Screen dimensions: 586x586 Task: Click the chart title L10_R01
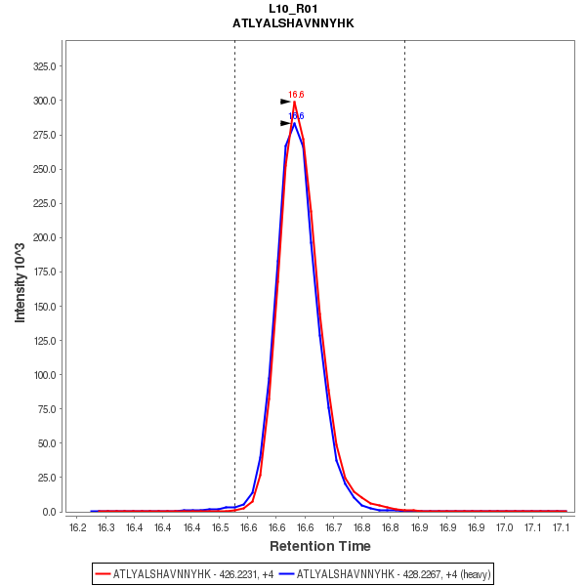tap(293, 9)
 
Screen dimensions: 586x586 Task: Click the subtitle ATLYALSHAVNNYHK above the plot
tap(293, 21)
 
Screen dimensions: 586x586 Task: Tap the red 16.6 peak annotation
tap(296, 95)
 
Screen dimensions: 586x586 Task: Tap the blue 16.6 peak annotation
tap(296, 116)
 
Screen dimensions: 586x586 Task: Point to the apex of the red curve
tap(294, 102)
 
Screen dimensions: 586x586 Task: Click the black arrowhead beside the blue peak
tap(285, 123)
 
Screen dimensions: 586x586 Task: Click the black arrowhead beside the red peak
tap(285, 102)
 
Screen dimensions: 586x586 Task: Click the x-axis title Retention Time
tap(319, 546)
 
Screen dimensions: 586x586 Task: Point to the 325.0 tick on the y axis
tap(44, 66)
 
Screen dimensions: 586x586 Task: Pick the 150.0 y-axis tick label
tap(44, 306)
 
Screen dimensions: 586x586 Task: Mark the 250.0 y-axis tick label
tap(44, 169)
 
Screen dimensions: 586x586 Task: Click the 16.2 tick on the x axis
tap(78, 527)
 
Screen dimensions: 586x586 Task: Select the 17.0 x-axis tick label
tap(504, 527)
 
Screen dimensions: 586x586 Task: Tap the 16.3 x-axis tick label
tap(106, 527)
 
